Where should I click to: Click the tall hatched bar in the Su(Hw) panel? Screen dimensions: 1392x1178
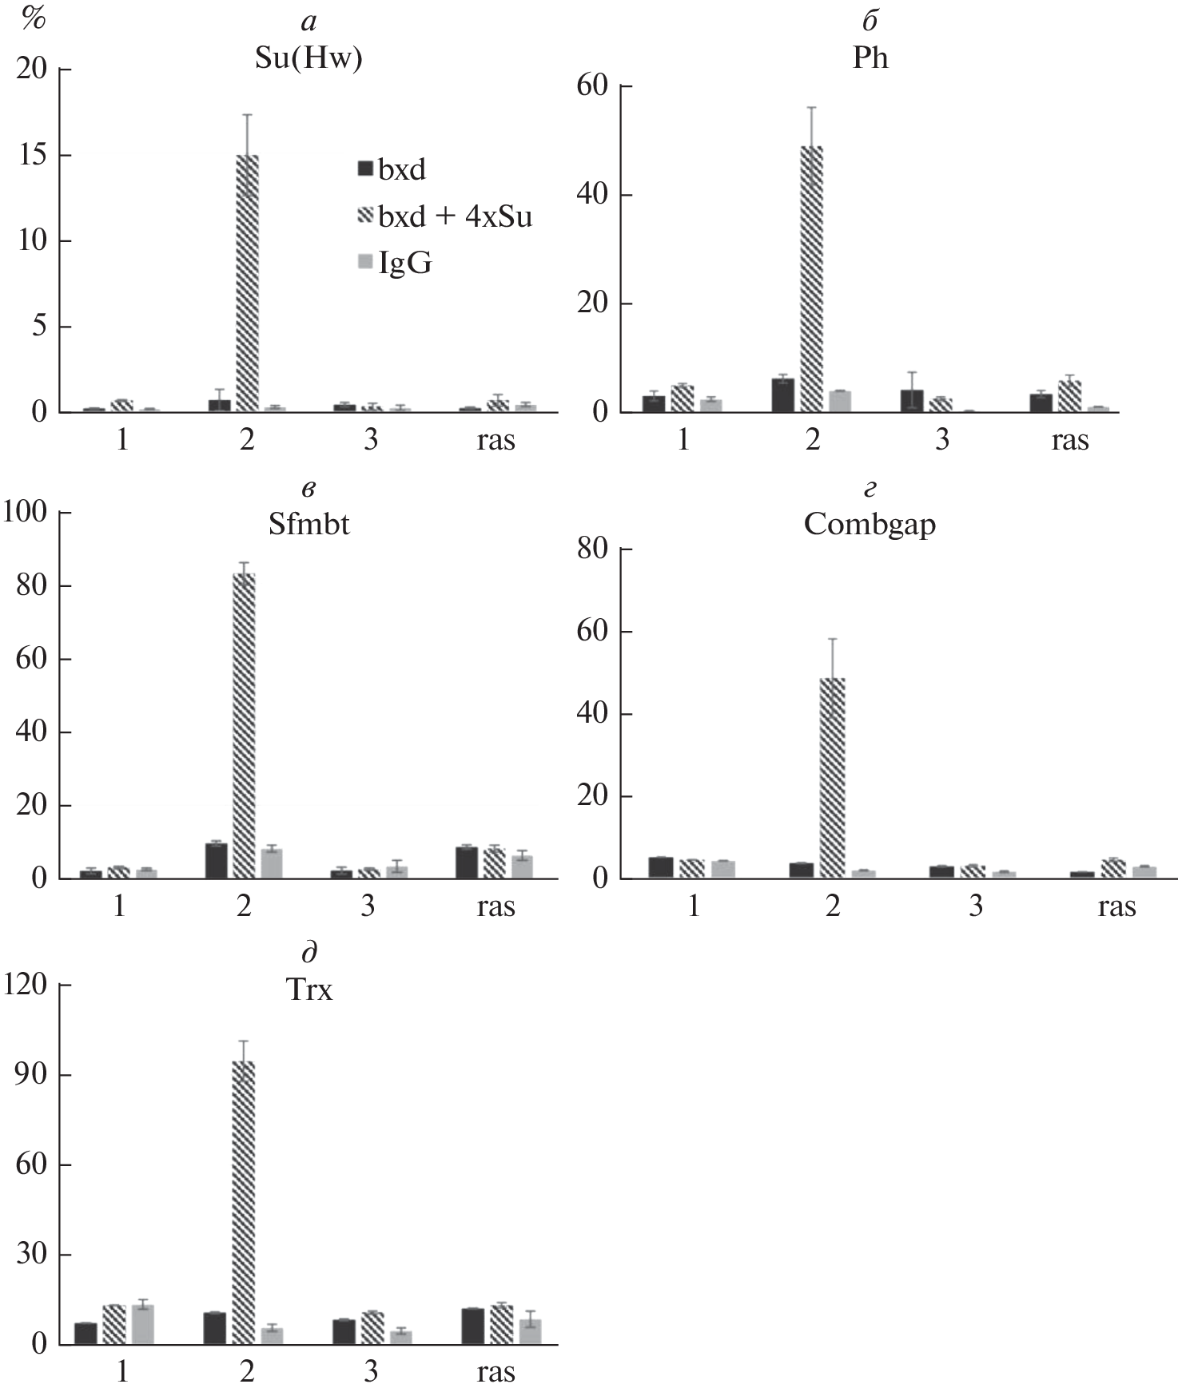point(247,284)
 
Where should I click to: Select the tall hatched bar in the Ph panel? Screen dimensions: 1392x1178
point(811,280)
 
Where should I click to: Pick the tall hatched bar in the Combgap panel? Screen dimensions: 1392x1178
point(833,778)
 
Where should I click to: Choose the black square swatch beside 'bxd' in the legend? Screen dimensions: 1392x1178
point(365,169)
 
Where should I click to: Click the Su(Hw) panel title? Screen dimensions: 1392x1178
point(308,59)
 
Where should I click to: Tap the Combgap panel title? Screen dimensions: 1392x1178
point(870,525)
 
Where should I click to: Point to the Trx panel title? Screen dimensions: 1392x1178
point(308,990)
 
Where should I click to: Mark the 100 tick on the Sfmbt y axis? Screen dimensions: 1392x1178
point(26,513)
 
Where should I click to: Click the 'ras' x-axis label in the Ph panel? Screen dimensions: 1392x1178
point(1069,440)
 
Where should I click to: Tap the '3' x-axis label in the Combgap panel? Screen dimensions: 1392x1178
point(976,906)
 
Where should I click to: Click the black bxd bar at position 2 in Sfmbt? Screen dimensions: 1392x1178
point(216,860)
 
